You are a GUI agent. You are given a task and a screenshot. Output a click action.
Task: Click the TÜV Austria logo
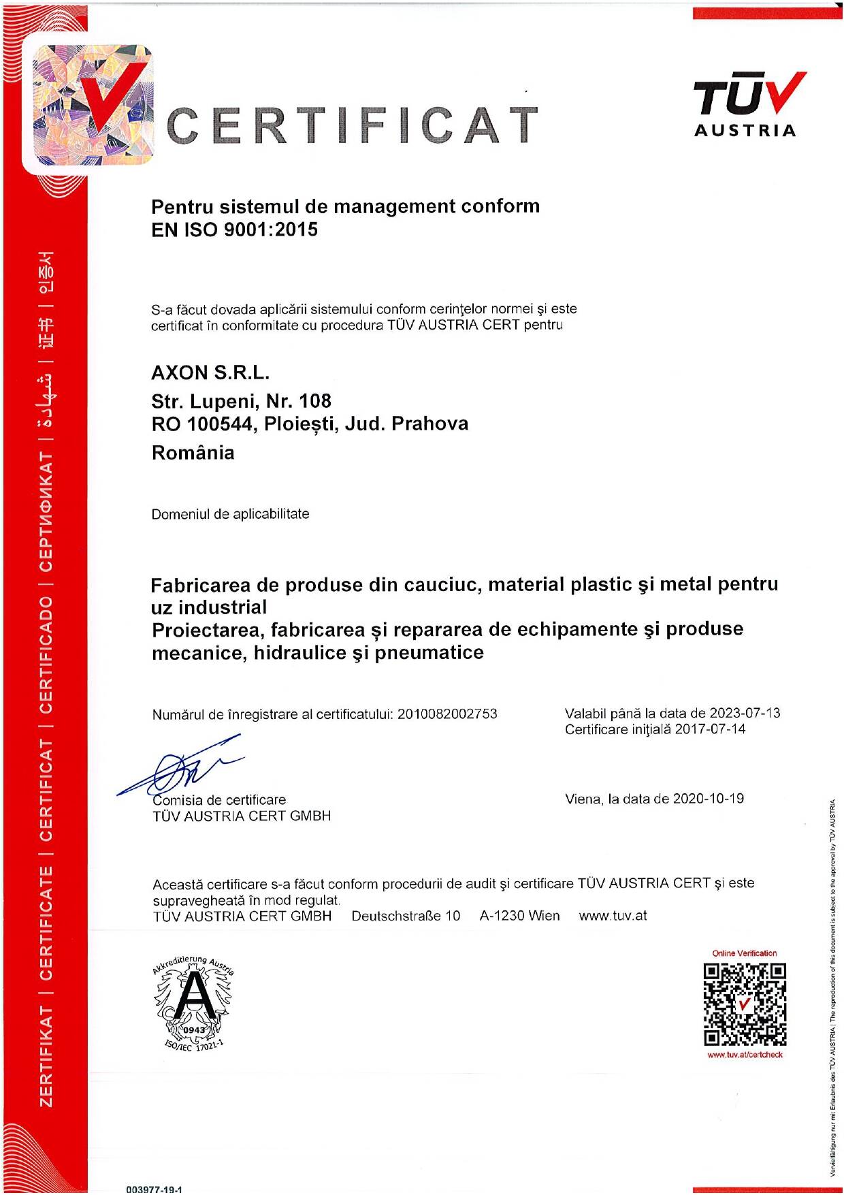tap(745, 106)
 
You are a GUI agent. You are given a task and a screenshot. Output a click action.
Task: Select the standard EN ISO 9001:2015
tap(234, 229)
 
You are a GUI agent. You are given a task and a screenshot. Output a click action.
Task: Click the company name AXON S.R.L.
tap(210, 373)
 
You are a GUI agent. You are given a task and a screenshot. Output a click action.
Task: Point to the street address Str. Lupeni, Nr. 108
tap(241, 401)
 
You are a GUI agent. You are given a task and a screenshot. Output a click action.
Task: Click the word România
tap(193, 453)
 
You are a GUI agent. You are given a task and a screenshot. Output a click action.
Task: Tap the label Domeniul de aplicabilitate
tap(230, 514)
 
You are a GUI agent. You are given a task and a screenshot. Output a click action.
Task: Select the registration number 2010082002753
tap(447, 714)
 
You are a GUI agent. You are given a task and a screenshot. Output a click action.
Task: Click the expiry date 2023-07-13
tap(745, 713)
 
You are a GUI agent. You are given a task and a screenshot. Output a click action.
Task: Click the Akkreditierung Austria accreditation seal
tap(193, 1003)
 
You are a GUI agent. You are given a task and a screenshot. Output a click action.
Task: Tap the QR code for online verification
tap(745, 1004)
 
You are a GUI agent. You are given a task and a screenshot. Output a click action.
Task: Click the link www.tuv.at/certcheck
tap(745, 1055)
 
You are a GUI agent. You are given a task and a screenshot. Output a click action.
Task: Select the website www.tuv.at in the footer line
tap(613, 916)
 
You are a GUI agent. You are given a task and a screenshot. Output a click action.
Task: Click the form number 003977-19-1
tap(154, 1190)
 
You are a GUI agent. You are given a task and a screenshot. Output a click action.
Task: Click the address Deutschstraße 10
tap(406, 916)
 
